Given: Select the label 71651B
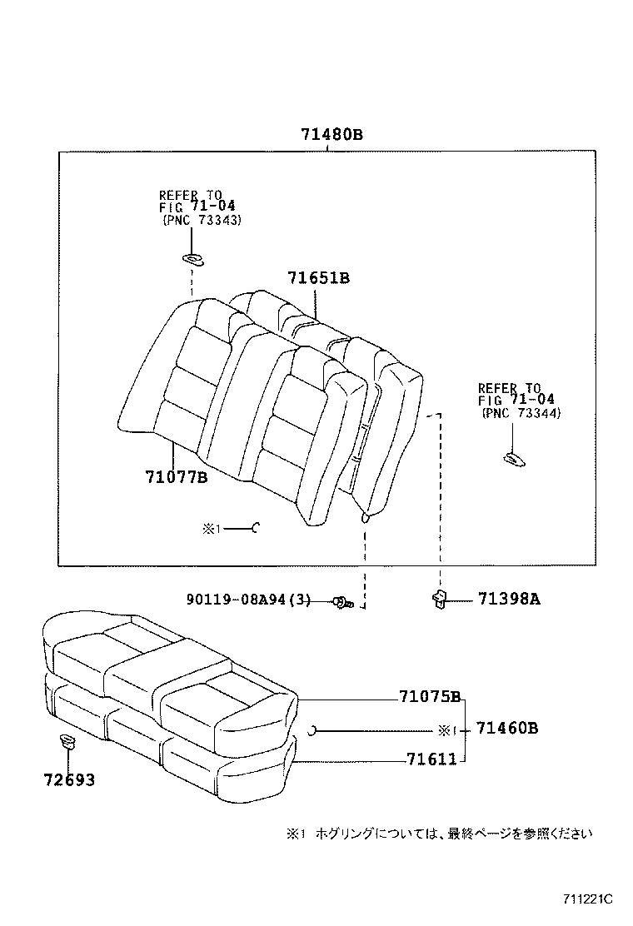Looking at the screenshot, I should pyautogui.click(x=318, y=278).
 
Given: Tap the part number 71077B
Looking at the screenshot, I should pyautogui.click(x=175, y=477).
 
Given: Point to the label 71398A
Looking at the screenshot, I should pyautogui.click(x=509, y=598).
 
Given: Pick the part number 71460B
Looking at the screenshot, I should pyautogui.click(x=506, y=729).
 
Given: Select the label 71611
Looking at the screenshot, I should pyautogui.click(x=431, y=759).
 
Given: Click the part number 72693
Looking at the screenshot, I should pyautogui.click(x=69, y=780).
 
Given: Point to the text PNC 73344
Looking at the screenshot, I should pyautogui.click(x=521, y=413).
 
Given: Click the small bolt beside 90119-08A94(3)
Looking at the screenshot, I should pyautogui.click(x=342, y=601).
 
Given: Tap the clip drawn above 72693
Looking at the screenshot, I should pyautogui.click(x=67, y=740).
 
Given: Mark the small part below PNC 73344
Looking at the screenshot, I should pyautogui.click(x=512, y=456).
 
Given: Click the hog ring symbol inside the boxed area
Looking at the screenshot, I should pyautogui.click(x=257, y=526).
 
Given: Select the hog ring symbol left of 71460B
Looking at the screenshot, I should pyautogui.click(x=312, y=730).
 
